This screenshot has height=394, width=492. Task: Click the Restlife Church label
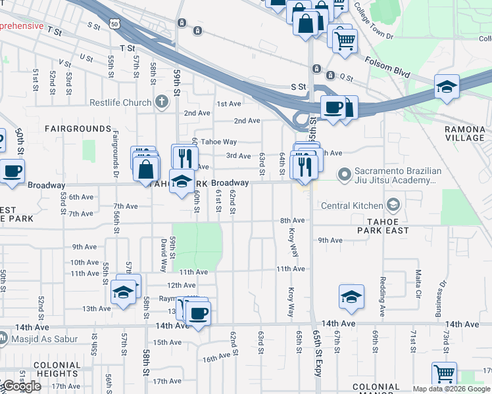pyautogui.click(x=120, y=102)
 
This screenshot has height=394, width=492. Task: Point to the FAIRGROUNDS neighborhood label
pyautogui.click(x=78, y=128)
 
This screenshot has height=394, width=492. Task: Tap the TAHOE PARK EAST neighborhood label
pyautogui.click(x=383, y=225)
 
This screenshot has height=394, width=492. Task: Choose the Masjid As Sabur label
pyautogui.click(x=45, y=339)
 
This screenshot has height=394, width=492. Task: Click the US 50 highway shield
pyautogui.click(x=115, y=24)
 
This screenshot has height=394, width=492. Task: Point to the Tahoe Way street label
pyautogui.click(x=218, y=142)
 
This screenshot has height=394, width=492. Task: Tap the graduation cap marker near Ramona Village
pyautogui.click(x=447, y=87)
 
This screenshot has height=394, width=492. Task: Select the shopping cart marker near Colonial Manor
pyautogui.click(x=445, y=374)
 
